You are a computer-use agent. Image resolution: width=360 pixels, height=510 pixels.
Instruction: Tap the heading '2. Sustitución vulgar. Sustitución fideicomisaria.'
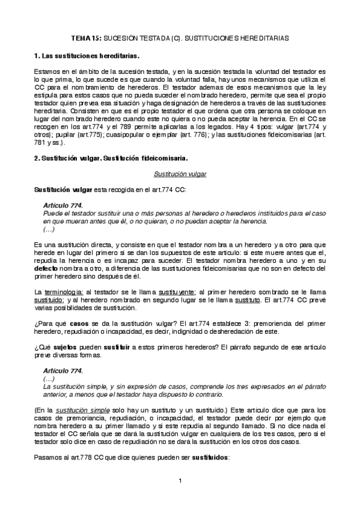[112, 158]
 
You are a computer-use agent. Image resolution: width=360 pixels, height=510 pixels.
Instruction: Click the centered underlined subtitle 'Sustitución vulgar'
[180, 174]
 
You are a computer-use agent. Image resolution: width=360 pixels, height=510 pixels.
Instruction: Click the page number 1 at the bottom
[180, 481]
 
